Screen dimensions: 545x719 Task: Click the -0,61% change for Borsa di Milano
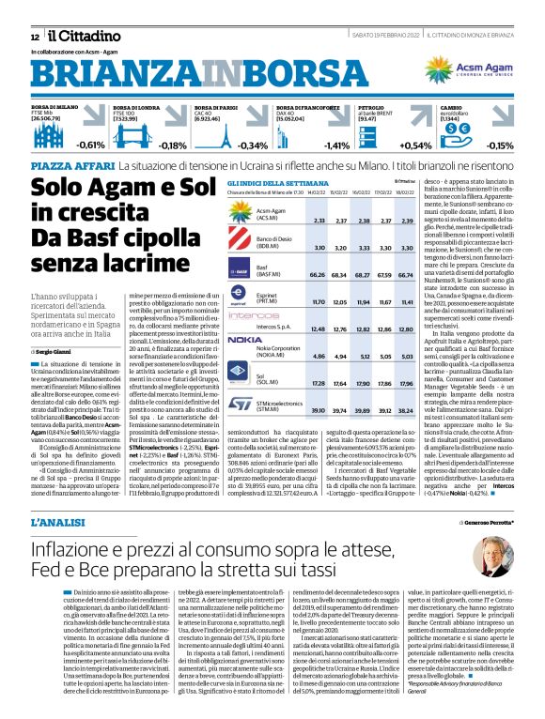point(91,145)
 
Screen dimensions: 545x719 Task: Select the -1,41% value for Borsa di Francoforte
point(335,145)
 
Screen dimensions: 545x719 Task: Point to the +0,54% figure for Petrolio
point(416,145)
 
